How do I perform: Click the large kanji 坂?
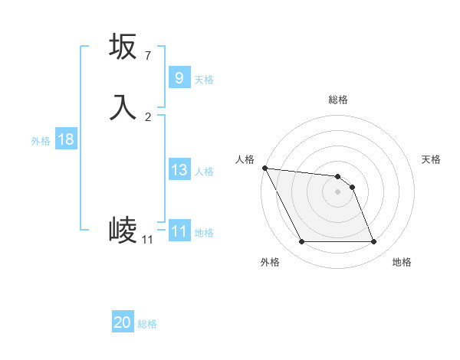123,47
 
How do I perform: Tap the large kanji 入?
123,107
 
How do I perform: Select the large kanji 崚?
123,229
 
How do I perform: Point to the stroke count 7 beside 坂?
147,55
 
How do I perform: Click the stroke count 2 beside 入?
147,116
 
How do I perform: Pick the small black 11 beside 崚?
147,240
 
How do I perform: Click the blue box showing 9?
179,78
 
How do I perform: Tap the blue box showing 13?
179,170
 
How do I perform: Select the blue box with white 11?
179,231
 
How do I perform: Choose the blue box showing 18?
65,139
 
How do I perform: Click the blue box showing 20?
123,323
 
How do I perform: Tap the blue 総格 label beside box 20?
147,324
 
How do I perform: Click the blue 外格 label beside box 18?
41,140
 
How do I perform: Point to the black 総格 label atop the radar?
338,100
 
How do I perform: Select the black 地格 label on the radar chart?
402,263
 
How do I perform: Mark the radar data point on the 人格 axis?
264,168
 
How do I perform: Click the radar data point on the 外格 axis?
301,242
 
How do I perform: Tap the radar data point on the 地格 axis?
374,242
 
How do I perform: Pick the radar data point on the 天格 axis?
353,187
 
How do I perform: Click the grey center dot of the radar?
338,191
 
